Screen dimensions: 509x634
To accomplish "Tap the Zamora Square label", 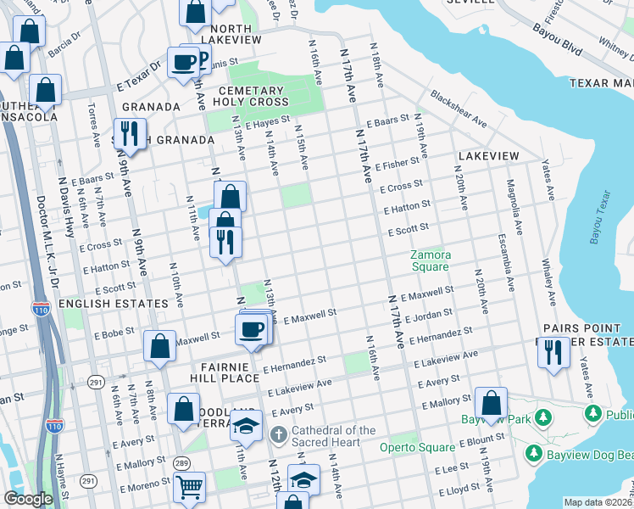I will click(x=430, y=260).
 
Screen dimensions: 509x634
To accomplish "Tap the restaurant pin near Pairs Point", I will click(x=553, y=351).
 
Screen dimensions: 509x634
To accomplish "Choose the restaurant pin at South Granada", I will click(x=130, y=133).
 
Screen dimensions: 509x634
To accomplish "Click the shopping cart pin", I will click(x=189, y=487).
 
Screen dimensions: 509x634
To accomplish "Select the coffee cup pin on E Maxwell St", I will click(x=251, y=329).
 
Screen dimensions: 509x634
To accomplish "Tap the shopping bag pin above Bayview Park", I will click(x=491, y=402).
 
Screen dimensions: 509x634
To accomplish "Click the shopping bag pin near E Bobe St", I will click(x=159, y=346).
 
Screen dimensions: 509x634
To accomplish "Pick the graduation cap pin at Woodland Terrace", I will click(x=246, y=426).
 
